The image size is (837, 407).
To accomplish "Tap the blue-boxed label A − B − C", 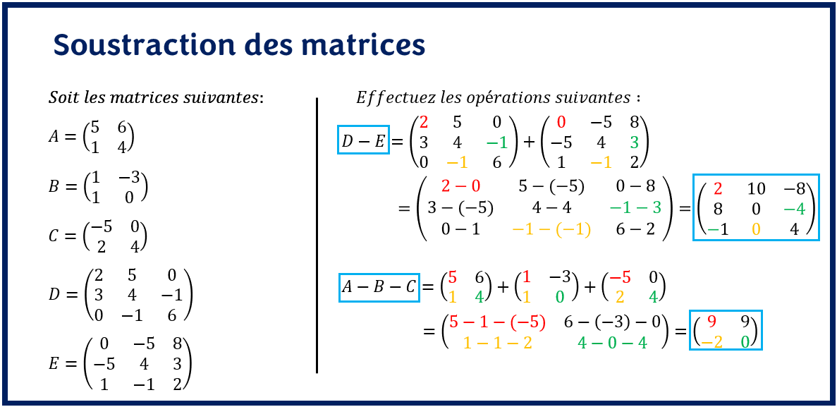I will (379, 287).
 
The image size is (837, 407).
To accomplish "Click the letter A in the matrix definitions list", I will (54, 137).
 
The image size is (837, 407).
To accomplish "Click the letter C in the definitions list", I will (54, 236).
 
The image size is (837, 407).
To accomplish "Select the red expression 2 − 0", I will (460, 186).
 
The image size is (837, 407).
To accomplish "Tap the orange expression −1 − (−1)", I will (551, 229).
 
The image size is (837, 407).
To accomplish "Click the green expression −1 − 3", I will (635, 207).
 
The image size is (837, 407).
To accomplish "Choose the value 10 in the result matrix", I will (756, 188).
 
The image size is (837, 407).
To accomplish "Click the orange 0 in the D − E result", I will (756, 229).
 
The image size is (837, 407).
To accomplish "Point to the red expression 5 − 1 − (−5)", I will (497, 322).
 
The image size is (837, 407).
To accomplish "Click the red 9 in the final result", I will (711, 322).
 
